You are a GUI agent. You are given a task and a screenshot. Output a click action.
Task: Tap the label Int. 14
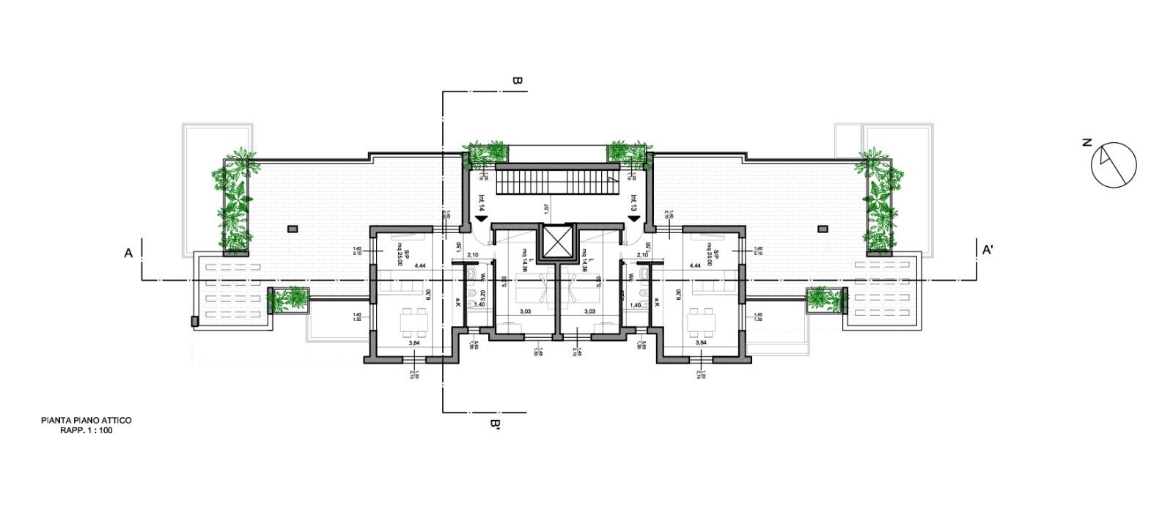482,202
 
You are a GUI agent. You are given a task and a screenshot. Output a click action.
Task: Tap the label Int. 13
633,202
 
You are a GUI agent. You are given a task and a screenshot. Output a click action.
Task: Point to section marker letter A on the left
128,253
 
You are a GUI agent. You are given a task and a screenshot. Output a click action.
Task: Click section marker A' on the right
988,251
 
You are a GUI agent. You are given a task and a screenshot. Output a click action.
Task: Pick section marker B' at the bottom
495,424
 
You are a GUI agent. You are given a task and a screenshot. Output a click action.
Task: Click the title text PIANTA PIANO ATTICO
87,422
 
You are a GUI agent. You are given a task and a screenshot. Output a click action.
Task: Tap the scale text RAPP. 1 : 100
87,431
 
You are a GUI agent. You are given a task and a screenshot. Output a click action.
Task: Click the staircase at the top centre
556,180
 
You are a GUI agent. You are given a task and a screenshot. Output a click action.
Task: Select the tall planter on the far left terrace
233,202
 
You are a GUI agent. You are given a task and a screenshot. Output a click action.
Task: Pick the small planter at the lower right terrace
825,299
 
